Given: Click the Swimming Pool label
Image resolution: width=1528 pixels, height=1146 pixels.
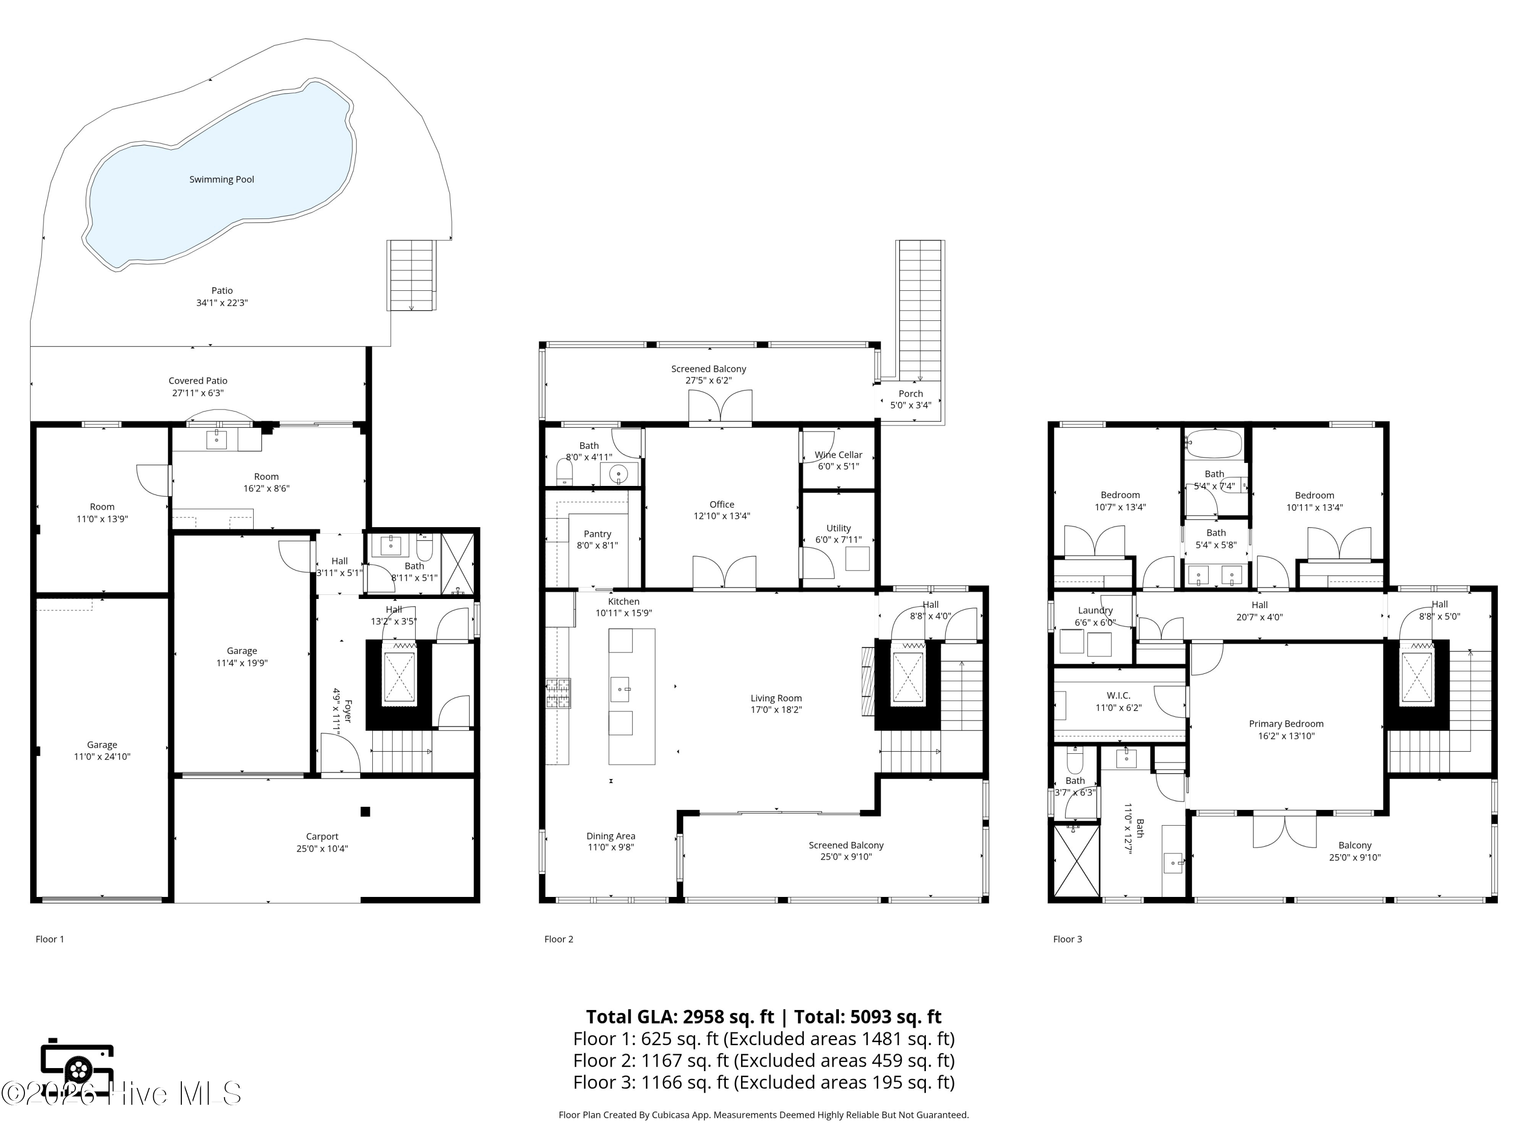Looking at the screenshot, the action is [x=222, y=180].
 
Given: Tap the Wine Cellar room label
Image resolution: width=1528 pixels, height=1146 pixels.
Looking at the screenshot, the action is [x=838, y=454].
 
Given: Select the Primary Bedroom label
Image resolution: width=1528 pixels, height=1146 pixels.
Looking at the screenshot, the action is [x=1286, y=724].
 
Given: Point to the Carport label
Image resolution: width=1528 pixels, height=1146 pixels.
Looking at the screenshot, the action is [x=322, y=836].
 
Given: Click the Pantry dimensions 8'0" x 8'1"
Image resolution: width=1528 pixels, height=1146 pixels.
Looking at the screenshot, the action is [x=597, y=545].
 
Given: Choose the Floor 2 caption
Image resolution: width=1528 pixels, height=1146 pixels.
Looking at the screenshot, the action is [x=559, y=939].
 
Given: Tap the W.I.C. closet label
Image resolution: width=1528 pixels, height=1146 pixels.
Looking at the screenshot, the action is [x=1118, y=696].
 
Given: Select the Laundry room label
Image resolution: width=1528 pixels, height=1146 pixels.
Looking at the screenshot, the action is [x=1096, y=611].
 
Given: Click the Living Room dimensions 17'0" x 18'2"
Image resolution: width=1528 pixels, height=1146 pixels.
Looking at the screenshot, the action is [x=776, y=710].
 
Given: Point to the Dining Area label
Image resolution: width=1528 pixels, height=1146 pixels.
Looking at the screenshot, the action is [x=611, y=836].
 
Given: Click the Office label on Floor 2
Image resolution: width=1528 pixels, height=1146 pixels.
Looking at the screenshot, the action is [x=722, y=504].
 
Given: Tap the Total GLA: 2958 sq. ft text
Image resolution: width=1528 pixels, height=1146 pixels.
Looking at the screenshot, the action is [x=680, y=1017].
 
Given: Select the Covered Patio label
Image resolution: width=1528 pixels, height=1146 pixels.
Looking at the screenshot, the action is [x=198, y=380].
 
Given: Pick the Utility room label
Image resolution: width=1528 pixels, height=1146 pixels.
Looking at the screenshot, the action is [x=838, y=529].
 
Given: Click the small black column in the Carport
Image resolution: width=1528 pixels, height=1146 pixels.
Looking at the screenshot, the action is [x=365, y=812].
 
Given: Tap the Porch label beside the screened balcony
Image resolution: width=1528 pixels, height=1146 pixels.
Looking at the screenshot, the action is [x=911, y=394].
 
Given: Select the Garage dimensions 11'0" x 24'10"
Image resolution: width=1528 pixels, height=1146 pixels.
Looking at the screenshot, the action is [x=102, y=756].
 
